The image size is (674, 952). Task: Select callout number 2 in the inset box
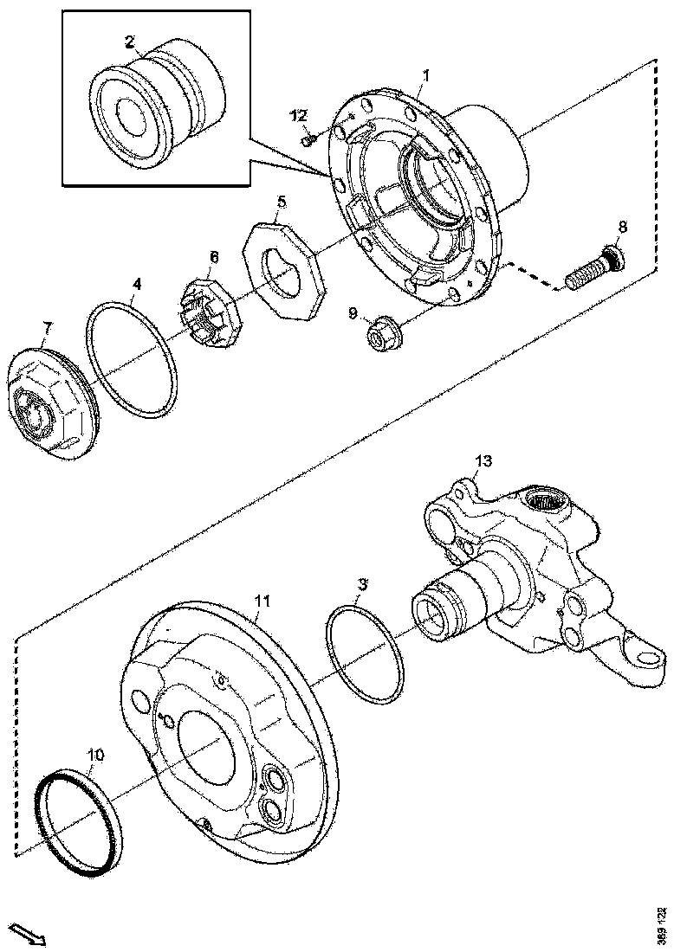pyautogui.click(x=129, y=41)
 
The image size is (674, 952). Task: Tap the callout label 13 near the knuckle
pyautogui.click(x=483, y=460)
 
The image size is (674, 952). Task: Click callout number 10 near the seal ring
pyautogui.click(x=95, y=756)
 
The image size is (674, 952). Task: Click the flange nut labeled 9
pyautogui.click(x=379, y=333)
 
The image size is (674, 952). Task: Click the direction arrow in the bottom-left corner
pyautogui.click(x=30, y=934)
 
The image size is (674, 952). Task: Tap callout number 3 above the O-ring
pyautogui.click(x=363, y=585)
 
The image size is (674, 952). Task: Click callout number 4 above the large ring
pyautogui.click(x=135, y=285)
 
